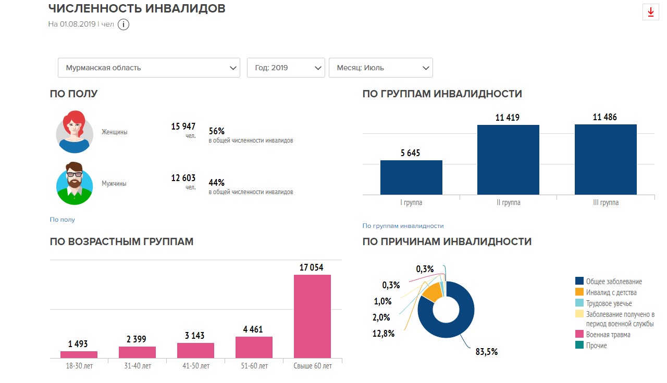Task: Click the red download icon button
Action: tap(650, 12)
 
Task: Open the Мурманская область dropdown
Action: tap(149, 68)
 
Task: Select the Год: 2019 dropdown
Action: tap(286, 68)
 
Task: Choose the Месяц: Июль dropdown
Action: tap(380, 68)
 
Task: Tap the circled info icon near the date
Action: tap(123, 24)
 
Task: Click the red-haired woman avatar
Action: tap(75, 132)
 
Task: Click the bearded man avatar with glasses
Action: tap(75, 184)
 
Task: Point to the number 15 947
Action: tap(183, 126)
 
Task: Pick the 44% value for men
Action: tap(217, 183)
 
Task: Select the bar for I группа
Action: tap(411, 177)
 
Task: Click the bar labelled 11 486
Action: tap(606, 159)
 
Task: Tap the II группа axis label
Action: tap(508, 202)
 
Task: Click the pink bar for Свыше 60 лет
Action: tap(312, 316)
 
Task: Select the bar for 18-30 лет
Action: tap(79, 354)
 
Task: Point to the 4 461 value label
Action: tap(253, 329)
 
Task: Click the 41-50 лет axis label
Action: tap(195, 366)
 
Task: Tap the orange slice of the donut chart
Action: tap(432, 292)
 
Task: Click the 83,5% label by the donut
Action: tap(487, 351)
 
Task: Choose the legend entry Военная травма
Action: tap(608, 335)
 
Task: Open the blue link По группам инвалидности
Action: tap(403, 226)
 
